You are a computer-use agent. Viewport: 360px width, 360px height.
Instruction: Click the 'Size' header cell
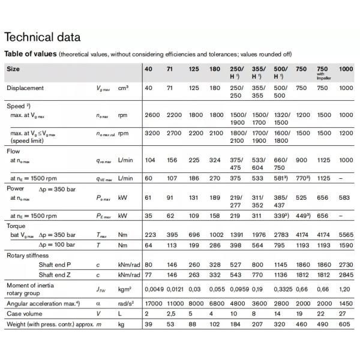(x=13, y=69)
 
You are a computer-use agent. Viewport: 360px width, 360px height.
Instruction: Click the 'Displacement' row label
(x=25, y=88)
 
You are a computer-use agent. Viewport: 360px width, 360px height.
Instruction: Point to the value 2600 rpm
(x=152, y=115)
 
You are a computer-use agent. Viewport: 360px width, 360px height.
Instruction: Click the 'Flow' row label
(x=13, y=152)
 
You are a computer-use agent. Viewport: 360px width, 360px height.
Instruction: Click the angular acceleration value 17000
(x=154, y=304)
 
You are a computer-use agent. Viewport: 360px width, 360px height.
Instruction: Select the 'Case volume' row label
(x=25, y=314)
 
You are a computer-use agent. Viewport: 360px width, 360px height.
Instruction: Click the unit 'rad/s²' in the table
(x=127, y=304)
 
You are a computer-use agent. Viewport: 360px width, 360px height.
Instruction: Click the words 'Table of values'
(x=30, y=54)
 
